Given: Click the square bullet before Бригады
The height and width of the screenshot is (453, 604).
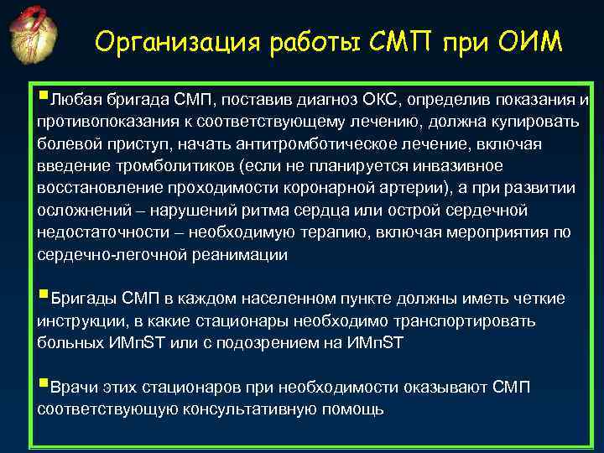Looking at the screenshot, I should [x=43, y=296].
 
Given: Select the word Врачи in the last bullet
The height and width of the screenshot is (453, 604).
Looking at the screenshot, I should [x=74, y=388].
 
